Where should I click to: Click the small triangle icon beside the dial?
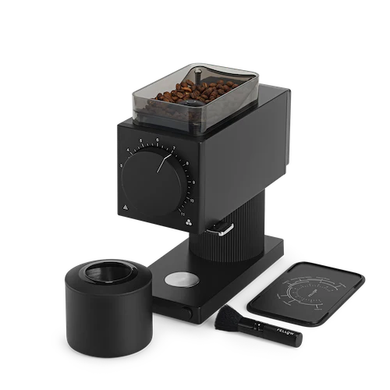(124, 207)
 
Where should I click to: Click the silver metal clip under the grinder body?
(224, 229)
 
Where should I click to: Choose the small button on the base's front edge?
(187, 312)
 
